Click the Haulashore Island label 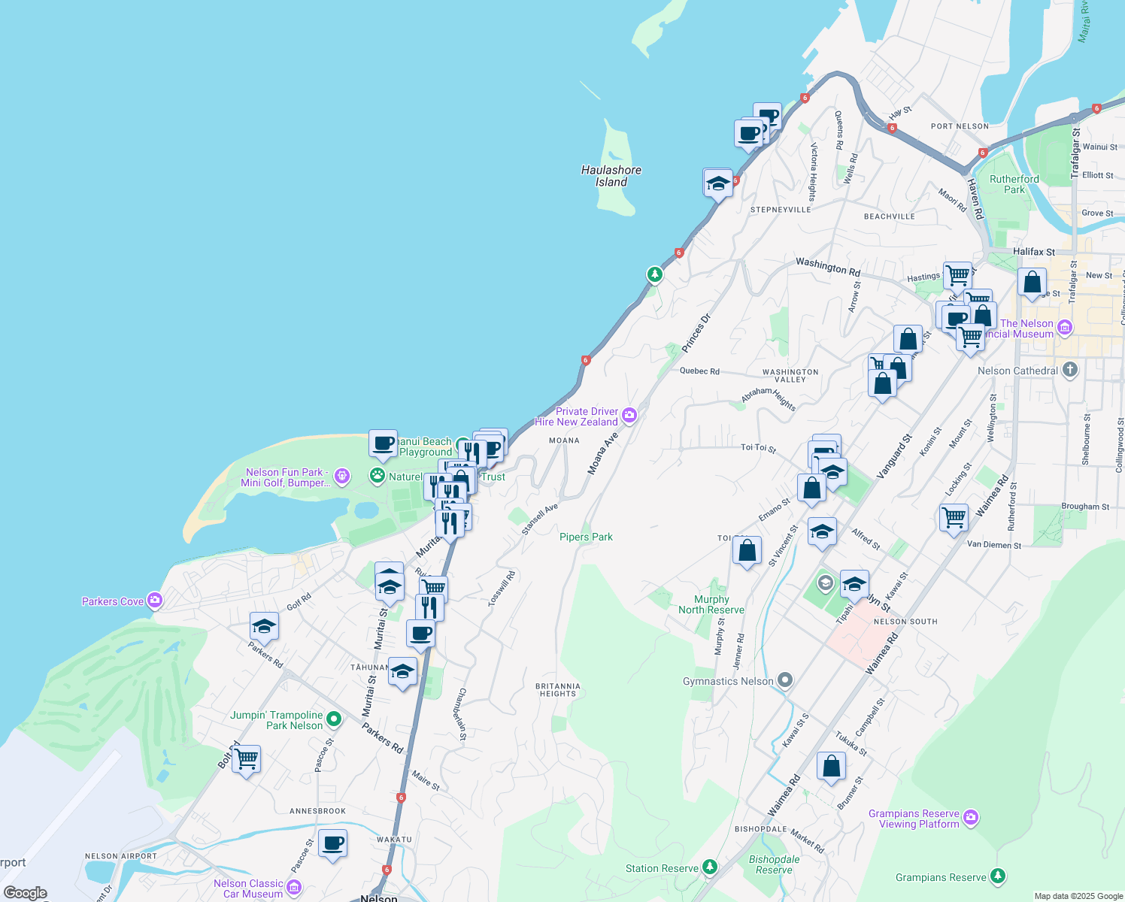click(611, 176)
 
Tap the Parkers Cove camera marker click(155, 600)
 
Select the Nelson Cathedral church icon click(1070, 370)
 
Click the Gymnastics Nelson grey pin click(785, 681)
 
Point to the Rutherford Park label click(1014, 184)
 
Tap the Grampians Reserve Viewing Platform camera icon click(971, 817)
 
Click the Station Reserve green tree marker click(709, 867)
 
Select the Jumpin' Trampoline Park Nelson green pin click(333, 719)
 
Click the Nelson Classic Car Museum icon click(294, 888)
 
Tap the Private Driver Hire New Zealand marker click(629, 415)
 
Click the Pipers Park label click(586, 537)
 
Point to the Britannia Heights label click(557, 690)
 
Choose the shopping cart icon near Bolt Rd click(247, 760)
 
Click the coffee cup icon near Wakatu click(332, 843)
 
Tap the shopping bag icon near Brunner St click(831, 767)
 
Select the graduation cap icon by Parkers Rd click(264, 625)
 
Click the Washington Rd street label click(828, 266)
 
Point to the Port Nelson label click(960, 126)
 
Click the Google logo click(25, 893)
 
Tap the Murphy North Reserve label click(711, 605)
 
